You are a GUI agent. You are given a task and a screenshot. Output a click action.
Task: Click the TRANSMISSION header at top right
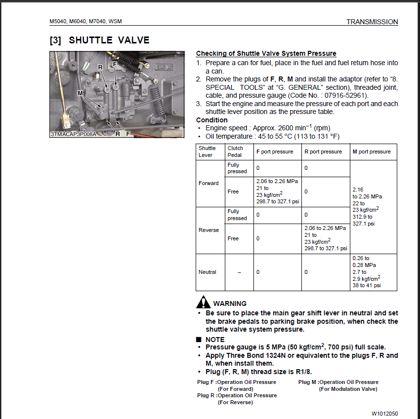[372, 22]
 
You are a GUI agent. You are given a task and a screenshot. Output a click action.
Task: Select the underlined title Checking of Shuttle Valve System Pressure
[266, 53]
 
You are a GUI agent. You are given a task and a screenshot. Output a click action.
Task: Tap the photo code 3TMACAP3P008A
[74, 134]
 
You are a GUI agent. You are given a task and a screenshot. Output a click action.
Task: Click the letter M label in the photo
[80, 93]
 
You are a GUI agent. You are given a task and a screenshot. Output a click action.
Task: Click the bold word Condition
[212, 120]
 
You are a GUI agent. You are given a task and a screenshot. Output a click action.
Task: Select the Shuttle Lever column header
[207, 152]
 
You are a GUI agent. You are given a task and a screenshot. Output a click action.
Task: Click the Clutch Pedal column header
[235, 152]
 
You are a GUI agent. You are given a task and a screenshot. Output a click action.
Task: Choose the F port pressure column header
[274, 152]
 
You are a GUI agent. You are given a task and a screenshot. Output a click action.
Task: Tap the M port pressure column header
[371, 152]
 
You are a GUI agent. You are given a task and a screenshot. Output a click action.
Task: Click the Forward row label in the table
[209, 183]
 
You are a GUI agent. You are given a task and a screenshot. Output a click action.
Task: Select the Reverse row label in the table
[209, 230]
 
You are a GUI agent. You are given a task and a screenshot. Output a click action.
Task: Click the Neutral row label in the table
[208, 272]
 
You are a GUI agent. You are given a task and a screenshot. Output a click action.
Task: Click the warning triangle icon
[203, 302]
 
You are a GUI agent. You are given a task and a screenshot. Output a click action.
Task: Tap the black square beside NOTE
[199, 340]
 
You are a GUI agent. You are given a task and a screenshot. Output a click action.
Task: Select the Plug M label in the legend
[307, 382]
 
